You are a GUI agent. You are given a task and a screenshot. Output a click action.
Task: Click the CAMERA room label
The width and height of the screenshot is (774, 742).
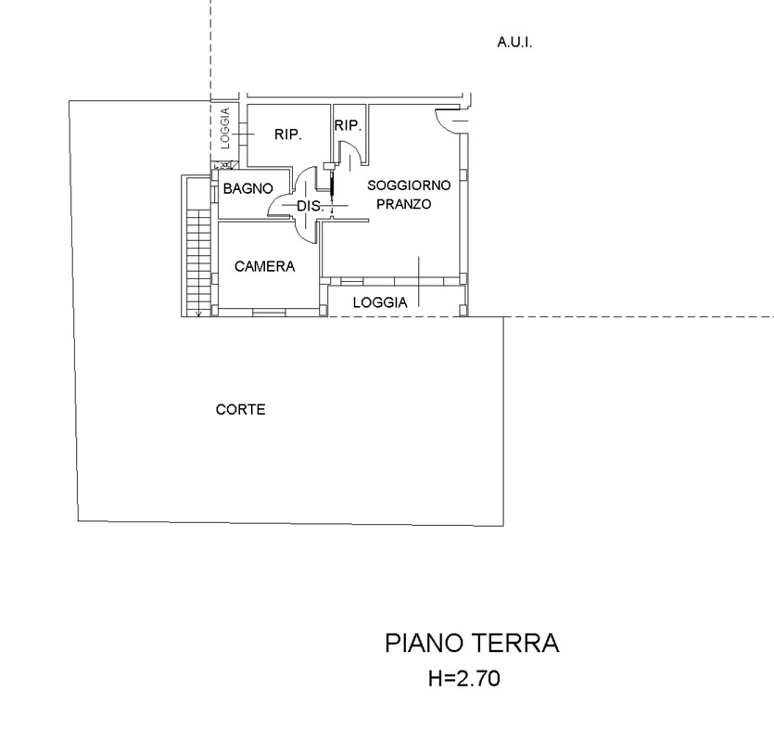tap(264, 266)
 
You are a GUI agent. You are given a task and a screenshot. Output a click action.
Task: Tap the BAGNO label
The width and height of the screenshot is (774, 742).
tap(247, 188)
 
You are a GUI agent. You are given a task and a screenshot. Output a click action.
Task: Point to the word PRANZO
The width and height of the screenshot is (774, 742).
tap(403, 204)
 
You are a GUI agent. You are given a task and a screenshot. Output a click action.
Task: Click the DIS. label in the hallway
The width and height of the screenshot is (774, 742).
tap(310, 206)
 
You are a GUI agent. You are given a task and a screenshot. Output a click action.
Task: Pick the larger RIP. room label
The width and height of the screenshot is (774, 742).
tap(287, 134)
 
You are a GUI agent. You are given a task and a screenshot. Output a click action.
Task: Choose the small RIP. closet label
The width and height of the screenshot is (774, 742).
tap(348, 125)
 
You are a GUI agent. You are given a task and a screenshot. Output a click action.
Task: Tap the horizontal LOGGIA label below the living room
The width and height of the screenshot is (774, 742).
tap(380, 302)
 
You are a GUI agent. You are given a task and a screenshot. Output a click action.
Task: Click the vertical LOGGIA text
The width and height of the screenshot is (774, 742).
tap(225, 129)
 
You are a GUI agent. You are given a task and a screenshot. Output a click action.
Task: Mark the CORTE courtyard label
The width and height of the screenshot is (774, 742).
tap(240, 409)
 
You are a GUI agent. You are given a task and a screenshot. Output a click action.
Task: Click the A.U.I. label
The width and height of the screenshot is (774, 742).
tap(514, 42)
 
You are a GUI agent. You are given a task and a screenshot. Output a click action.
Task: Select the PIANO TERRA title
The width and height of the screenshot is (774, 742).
tap(471, 644)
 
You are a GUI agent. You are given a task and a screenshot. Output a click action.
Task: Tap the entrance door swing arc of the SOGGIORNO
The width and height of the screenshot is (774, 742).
tap(445, 119)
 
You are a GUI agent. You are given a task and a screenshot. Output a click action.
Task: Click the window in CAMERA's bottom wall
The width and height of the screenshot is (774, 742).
tap(269, 313)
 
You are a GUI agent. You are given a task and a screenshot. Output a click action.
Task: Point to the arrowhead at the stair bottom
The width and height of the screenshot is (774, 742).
tap(198, 313)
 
